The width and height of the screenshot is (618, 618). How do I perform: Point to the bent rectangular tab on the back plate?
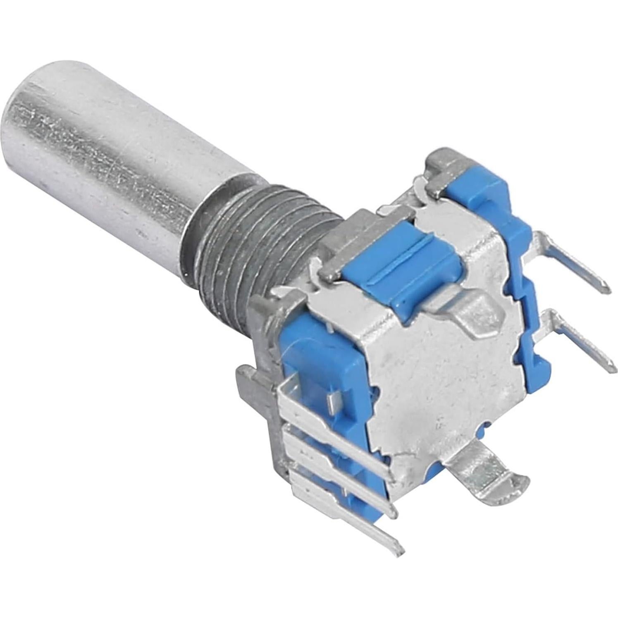(467, 306)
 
